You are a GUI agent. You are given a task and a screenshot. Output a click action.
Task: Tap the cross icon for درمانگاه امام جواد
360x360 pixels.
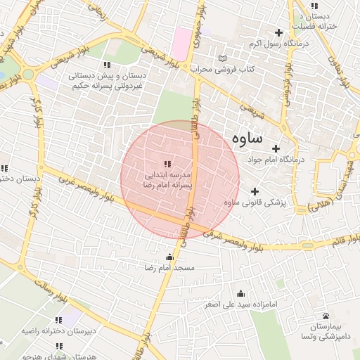coord(276,148)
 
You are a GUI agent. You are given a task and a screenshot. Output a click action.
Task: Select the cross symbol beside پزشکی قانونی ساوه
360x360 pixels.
coord(255,191)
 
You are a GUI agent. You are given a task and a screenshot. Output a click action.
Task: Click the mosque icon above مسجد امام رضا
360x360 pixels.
coord(169,257)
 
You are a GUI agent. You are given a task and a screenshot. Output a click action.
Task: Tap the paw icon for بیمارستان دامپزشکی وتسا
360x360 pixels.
coord(326,316)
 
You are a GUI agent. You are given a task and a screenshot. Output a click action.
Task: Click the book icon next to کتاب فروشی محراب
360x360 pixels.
coord(223,58)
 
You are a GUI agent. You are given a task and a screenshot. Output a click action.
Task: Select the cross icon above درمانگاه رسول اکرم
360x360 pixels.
coord(279,32)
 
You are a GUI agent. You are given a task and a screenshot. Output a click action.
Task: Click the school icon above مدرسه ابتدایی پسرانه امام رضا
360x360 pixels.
coord(167,163)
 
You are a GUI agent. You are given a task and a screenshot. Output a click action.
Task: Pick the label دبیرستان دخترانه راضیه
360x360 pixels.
coord(58,330)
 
